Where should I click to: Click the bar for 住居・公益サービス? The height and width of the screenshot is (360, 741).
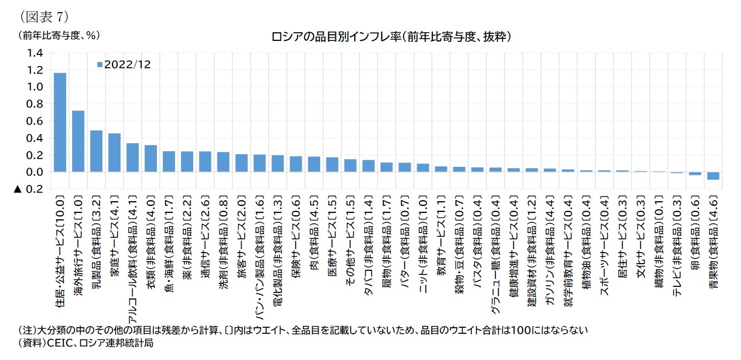(60, 123)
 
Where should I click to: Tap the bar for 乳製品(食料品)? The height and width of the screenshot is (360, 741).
(96, 151)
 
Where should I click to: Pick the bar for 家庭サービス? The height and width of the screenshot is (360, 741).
(115, 153)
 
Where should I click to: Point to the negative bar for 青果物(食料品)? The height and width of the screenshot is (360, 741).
(713, 176)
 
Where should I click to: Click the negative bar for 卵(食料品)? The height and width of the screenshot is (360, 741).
(695, 174)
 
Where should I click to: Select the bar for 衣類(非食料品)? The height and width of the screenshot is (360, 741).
(151, 159)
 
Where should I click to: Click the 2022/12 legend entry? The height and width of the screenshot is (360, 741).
(123, 65)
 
